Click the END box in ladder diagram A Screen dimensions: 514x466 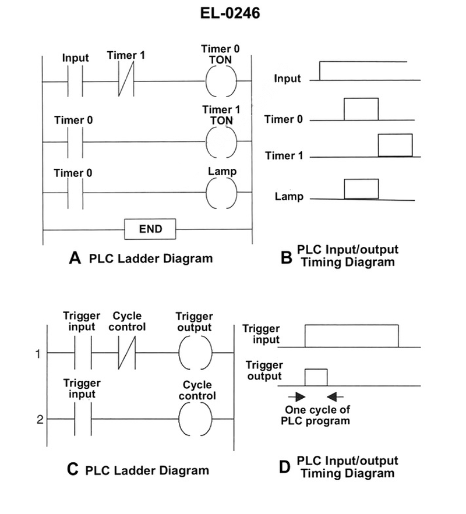(150, 229)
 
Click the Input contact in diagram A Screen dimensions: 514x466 (75, 80)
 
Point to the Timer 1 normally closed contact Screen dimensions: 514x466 (126, 80)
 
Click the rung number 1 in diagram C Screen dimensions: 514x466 (38, 353)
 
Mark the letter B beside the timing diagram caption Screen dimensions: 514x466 (286, 257)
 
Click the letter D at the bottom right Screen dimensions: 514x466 (285, 466)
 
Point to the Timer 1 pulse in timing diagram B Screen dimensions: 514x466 (395, 146)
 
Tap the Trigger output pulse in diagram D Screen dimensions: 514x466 (316, 378)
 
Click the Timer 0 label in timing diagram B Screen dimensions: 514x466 (283, 119)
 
